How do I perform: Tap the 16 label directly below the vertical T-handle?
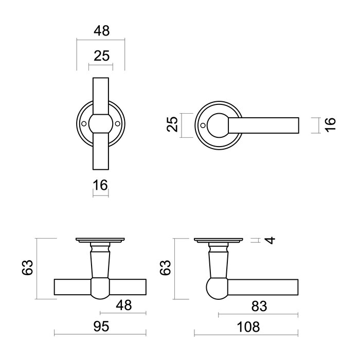tap(101, 185)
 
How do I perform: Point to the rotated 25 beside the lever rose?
tap(173, 124)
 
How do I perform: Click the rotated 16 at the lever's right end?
tap(330, 125)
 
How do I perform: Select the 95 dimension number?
tap(100, 326)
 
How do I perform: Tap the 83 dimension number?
tap(258, 306)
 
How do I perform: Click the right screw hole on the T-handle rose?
tap(118, 124)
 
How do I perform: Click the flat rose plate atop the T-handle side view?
tap(101, 240)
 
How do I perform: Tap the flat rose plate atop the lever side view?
tap(219, 240)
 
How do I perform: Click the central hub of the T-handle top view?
tap(100, 124)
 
